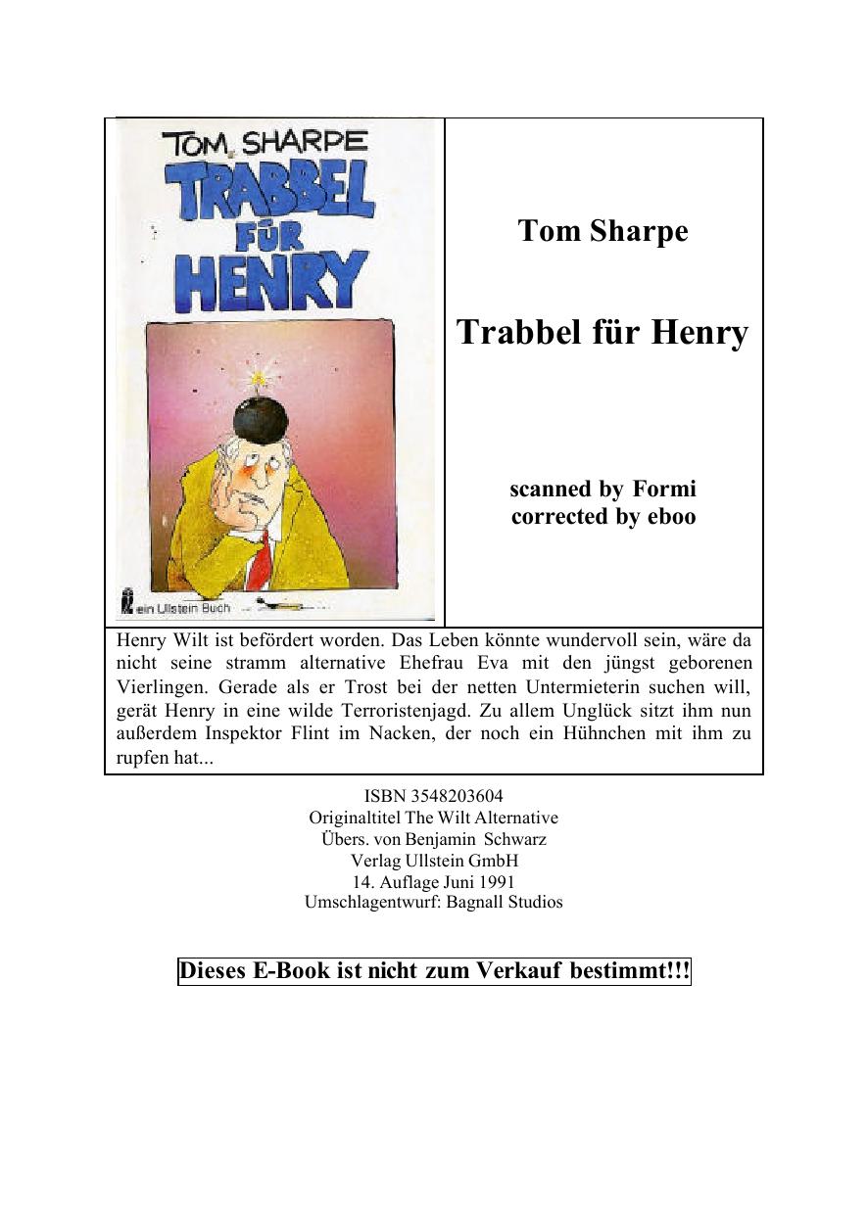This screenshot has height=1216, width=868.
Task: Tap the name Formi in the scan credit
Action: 664,489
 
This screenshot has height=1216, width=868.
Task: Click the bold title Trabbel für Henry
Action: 603,333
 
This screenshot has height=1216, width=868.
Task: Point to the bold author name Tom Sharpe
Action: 603,231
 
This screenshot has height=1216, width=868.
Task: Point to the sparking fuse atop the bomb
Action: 259,376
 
